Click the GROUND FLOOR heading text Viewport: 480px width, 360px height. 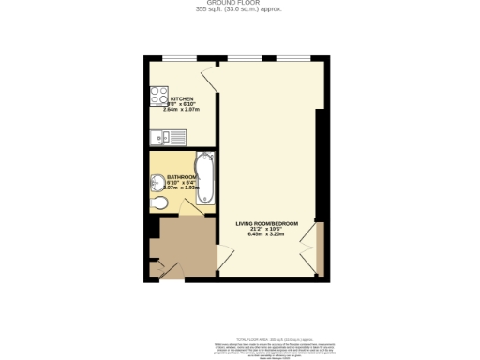239,4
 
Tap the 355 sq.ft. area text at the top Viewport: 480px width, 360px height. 239,9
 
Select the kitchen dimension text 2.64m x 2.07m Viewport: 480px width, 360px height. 183,109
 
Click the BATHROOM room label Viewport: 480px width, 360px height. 182,176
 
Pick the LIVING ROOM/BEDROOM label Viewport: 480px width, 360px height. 267,223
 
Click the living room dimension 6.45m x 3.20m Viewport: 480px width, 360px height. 267,234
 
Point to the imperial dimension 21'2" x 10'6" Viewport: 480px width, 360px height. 267,229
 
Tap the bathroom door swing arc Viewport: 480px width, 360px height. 187,206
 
